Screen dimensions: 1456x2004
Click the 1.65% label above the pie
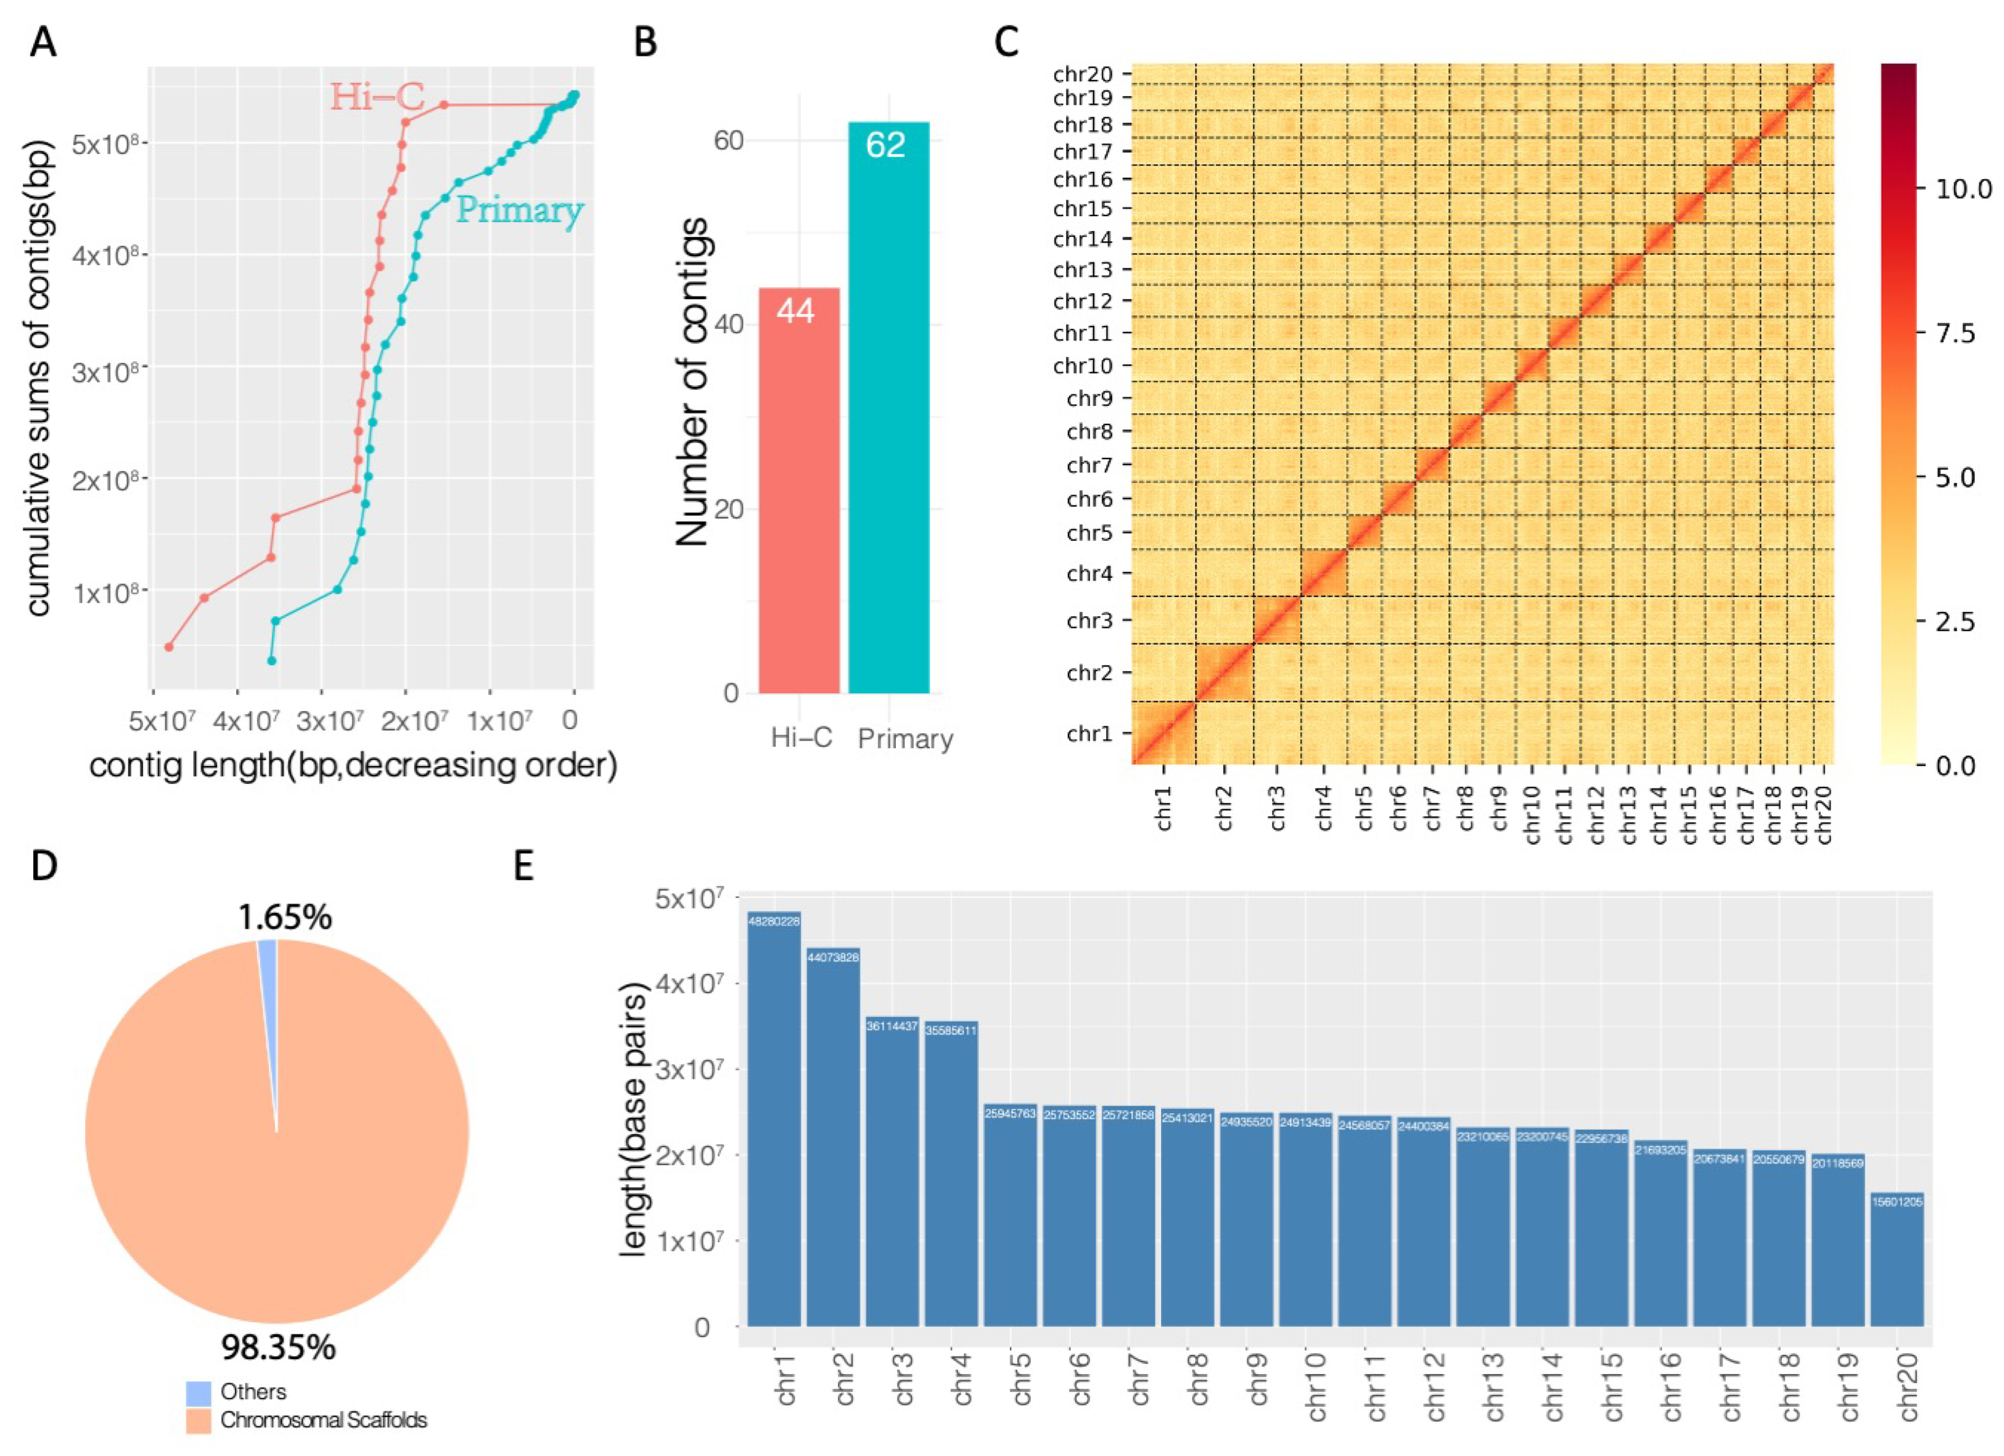click(x=285, y=918)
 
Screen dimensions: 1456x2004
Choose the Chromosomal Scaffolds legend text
click(x=324, y=1421)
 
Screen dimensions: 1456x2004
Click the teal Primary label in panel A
click(x=519, y=210)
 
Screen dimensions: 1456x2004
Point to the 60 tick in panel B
click(x=728, y=141)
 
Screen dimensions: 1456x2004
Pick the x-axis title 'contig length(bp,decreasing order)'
click(x=354, y=765)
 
